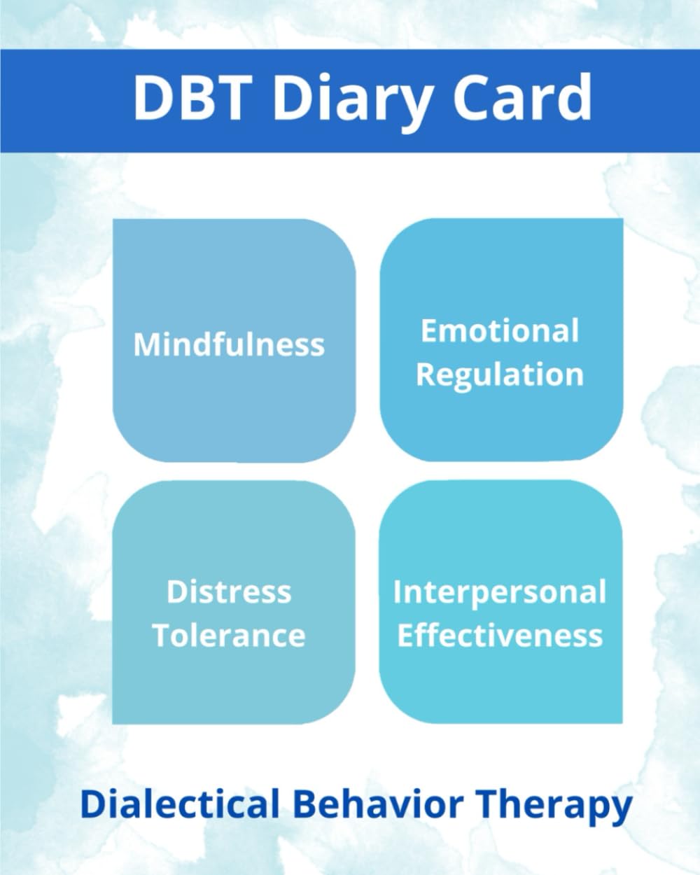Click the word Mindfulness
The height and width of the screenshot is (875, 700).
(229, 344)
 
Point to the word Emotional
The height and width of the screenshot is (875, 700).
(500, 330)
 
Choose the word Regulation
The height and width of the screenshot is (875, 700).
(500, 375)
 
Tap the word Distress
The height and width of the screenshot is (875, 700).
(229, 592)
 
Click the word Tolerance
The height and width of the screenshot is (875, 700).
(229, 636)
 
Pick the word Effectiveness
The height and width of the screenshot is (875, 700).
(500, 636)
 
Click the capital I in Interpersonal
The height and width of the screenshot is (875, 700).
(397, 592)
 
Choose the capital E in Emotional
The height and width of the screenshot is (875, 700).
(430, 330)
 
